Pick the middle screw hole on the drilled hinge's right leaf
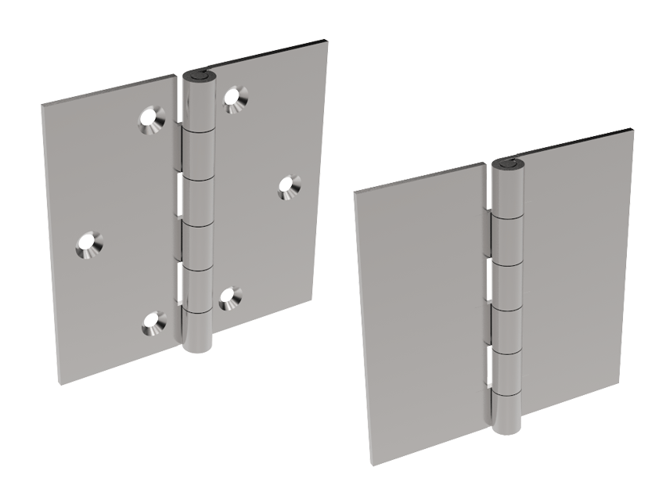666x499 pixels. click(290, 185)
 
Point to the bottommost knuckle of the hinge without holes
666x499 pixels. click(506, 411)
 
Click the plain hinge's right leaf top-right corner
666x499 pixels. click(632, 130)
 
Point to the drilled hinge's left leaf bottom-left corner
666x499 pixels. click(59, 382)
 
